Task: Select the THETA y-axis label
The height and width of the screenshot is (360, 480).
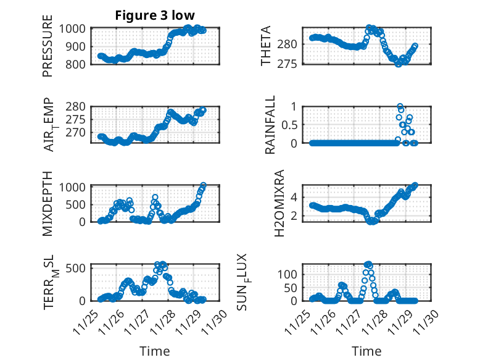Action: [x=266, y=46]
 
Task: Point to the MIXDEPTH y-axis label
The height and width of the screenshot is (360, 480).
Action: [x=48, y=203]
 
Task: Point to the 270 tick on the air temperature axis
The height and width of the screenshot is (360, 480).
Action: [x=80, y=132]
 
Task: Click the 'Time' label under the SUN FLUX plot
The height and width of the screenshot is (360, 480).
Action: [x=366, y=351]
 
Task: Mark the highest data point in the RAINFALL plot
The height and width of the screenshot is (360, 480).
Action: [x=400, y=107]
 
